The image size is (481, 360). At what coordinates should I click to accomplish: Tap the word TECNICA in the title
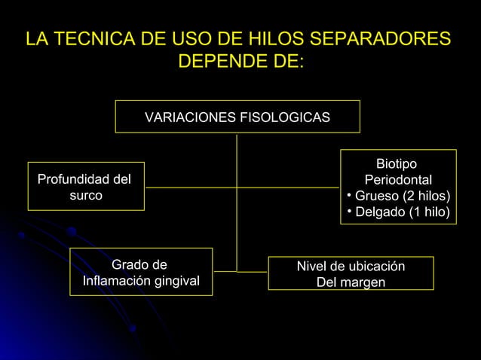(96, 38)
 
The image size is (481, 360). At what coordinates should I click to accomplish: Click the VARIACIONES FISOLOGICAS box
(237, 117)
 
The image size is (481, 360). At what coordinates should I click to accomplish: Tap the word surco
(86, 195)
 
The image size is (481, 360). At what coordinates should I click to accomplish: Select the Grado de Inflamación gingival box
(141, 272)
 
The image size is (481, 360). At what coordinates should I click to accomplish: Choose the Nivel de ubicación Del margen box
(351, 274)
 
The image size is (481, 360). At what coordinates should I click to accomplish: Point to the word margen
(362, 283)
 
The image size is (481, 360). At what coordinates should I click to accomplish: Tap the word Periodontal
(398, 181)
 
